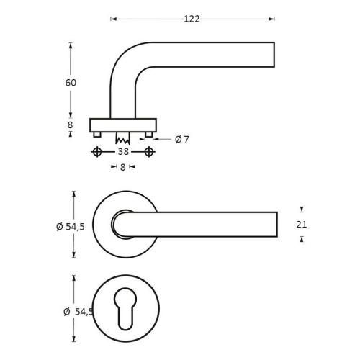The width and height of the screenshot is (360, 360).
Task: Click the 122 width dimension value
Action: coord(192,19)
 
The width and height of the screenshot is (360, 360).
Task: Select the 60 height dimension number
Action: coord(71,82)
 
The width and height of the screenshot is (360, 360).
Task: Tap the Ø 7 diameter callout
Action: coord(182,139)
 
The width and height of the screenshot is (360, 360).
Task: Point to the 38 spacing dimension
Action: coord(123,152)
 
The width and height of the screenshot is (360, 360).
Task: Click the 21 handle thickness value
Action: coord(302,224)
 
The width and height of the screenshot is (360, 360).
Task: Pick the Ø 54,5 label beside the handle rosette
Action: coord(71,227)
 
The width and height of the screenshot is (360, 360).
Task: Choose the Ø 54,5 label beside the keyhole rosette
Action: coord(78,311)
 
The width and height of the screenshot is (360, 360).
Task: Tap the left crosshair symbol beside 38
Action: coord(96,152)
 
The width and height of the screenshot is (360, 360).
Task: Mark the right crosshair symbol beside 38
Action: coord(149,152)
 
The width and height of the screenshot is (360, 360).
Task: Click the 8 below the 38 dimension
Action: coord(122,167)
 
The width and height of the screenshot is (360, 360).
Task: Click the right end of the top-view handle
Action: coord(274,224)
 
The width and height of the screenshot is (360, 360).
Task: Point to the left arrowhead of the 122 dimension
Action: coord(112,19)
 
